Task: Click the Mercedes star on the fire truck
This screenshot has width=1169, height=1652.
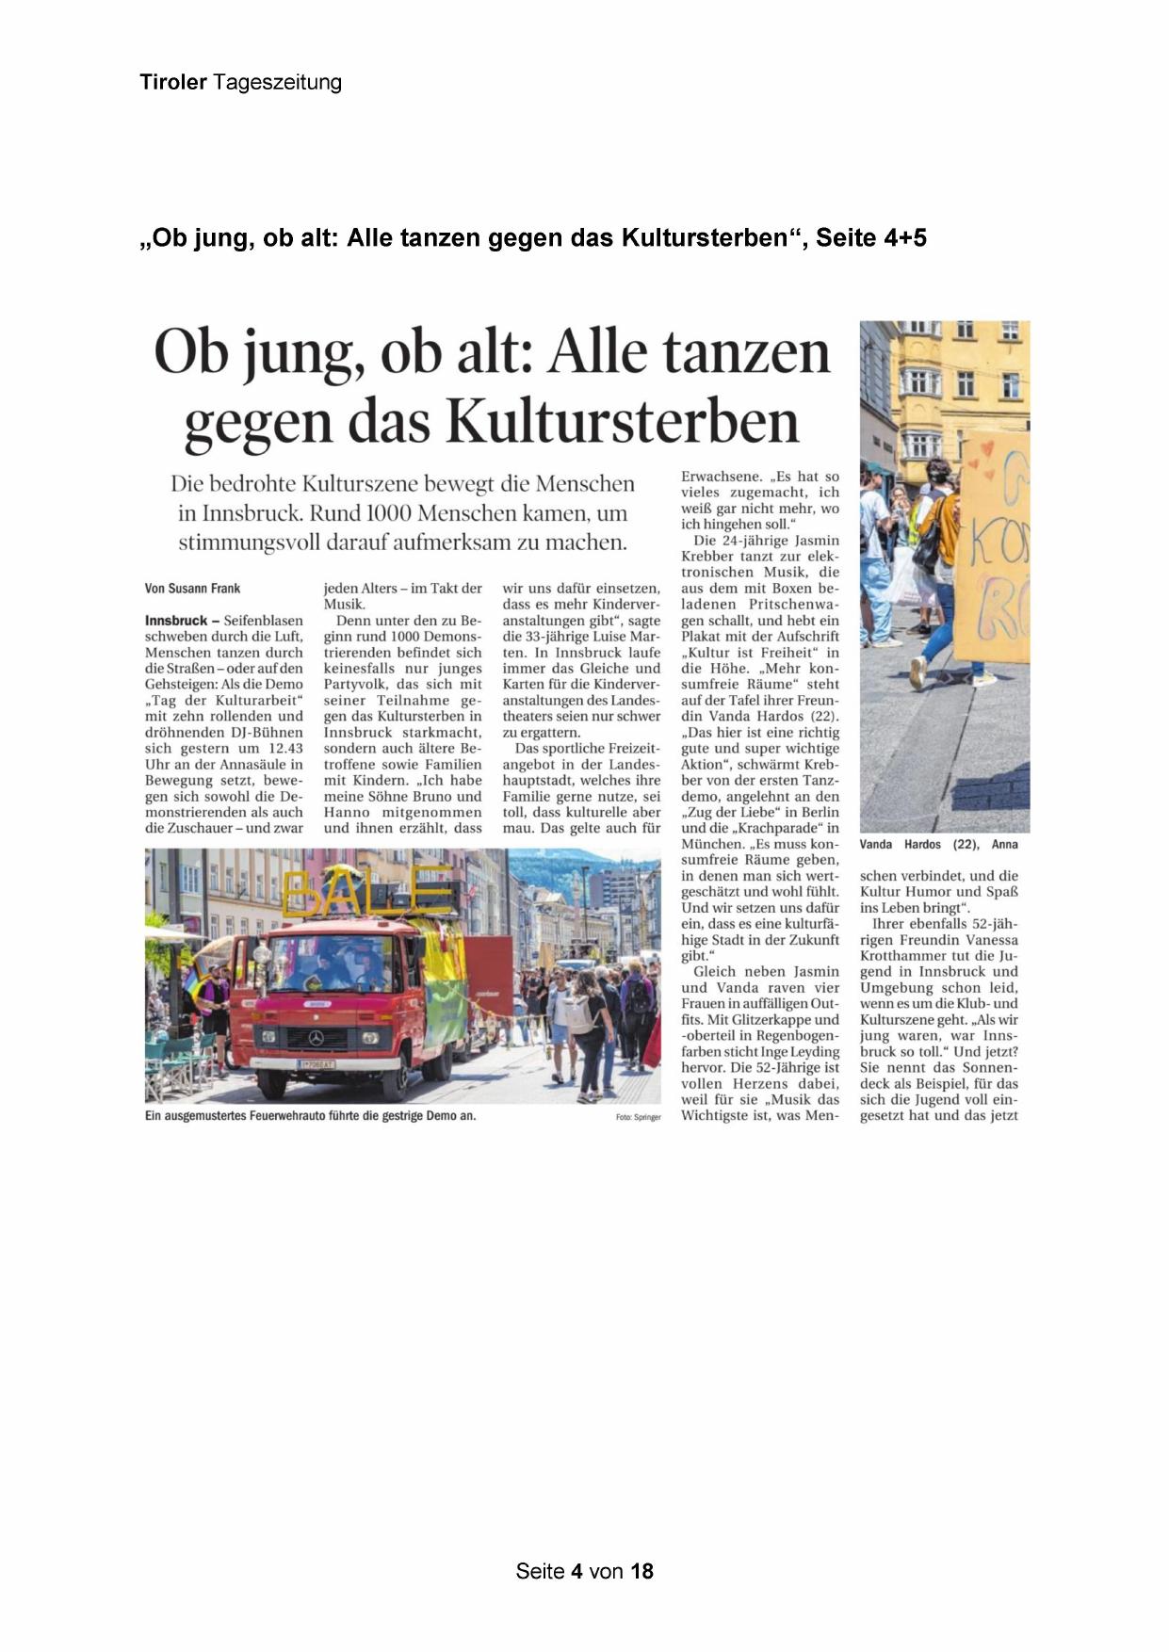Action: (x=315, y=1037)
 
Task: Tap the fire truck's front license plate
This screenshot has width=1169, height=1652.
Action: (x=317, y=1064)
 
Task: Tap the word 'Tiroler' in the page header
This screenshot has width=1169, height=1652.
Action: (x=173, y=82)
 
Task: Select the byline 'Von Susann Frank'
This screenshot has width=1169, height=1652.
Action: (x=192, y=589)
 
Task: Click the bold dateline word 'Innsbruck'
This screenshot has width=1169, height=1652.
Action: (x=176, y=621)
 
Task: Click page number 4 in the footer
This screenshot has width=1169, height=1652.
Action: (x=576, y=1571)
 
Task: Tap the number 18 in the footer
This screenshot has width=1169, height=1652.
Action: (x=641, y=1571)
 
